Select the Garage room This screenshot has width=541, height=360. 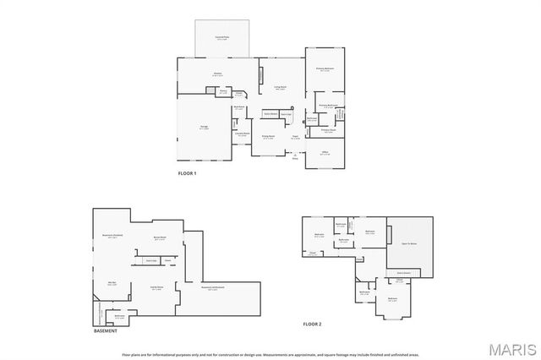[204, 128]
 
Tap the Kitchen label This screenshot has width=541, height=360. [217, 74]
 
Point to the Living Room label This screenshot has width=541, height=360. [280, 87]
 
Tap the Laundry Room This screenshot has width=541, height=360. [241, 134]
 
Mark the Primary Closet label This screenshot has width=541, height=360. [328, 130]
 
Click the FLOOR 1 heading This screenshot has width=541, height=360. [186, 174]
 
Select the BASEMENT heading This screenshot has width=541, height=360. [106, 330]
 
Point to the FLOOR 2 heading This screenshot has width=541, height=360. [312, 324]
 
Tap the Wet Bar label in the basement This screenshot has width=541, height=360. [112, 283]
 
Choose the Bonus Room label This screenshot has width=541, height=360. [158, 237]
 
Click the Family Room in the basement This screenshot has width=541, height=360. [156, 287]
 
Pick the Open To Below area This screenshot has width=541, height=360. [409, 243]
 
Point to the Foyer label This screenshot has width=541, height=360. [296, 137]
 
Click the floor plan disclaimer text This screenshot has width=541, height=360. [270, 355]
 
